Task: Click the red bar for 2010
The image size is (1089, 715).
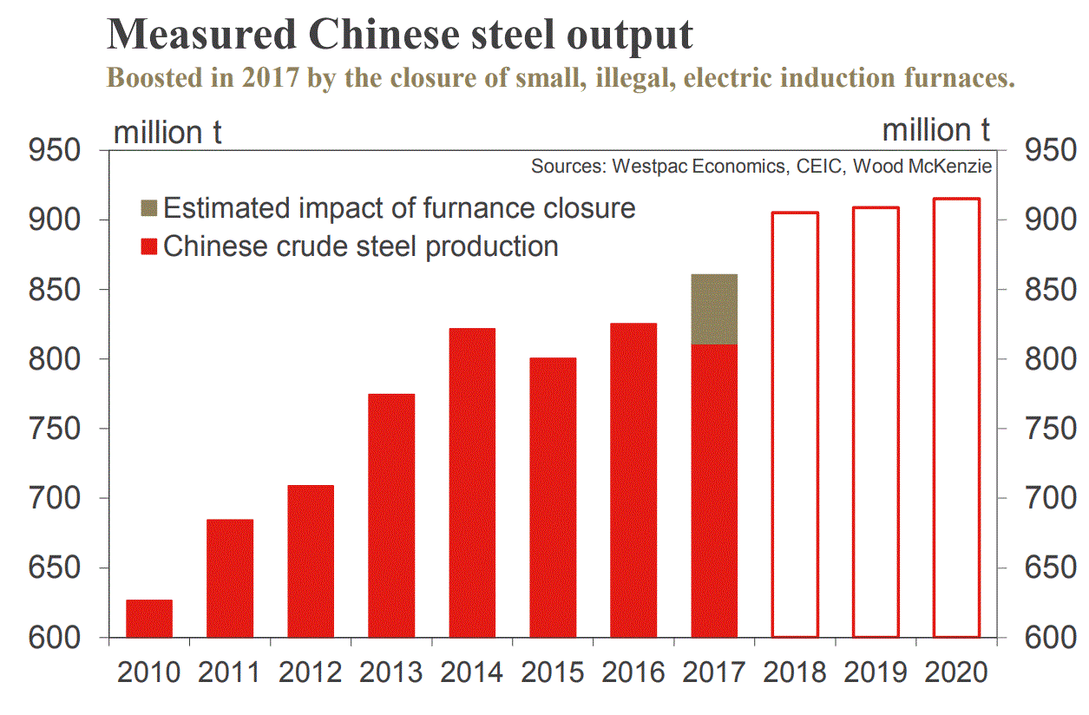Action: tap(149, 618)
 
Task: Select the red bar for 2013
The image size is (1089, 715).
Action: tap(391, 515)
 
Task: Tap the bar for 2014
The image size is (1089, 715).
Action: tap(472, 482)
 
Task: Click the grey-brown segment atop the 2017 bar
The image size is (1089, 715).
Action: tap(714, 310)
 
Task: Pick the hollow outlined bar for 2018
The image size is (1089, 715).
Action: tap(795, 424)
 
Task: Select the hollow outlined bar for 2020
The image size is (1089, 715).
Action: tap(956, 417)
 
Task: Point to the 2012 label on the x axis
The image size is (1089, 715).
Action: tap(311, 672)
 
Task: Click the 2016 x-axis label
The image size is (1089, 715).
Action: tap(633, 672)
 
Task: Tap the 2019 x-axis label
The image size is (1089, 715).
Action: tap(876, 672)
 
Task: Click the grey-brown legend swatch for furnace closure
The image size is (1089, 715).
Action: tap(148, 208)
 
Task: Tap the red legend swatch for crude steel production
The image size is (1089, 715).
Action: tap(148, 246)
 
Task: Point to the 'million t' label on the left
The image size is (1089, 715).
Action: tap(167, 133)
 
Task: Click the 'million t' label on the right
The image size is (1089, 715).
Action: tap(935, 130)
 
